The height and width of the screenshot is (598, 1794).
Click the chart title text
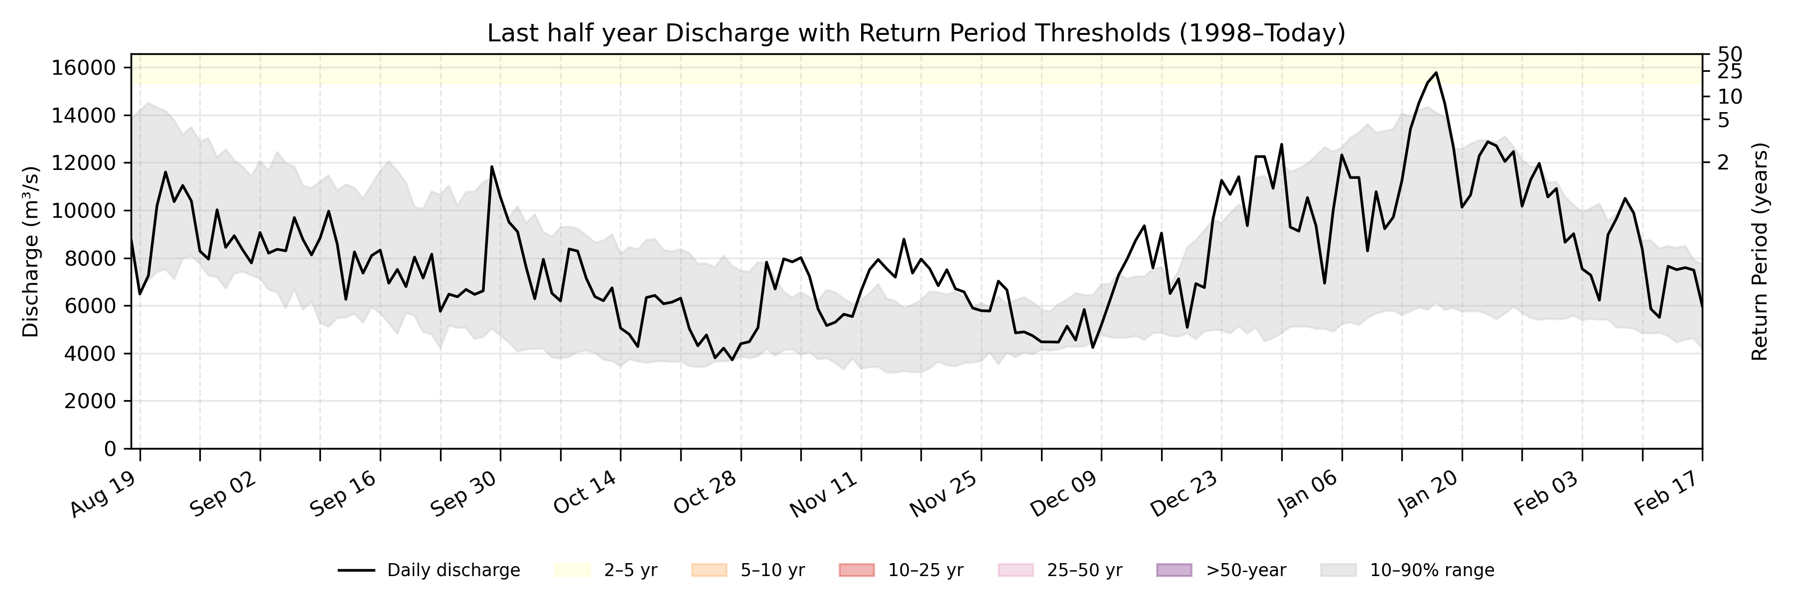pyautogui.click(x=916, y=33)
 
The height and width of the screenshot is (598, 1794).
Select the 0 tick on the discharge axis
pyautogui.click(x=110, y=449)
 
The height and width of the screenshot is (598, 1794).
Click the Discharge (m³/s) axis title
pyautogui.click(x=30, y=252)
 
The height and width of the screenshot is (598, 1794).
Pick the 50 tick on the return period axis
pyautogui.click(x=1730, y=54)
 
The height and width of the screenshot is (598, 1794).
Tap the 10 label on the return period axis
pyautogui.click(x=1730, y=97)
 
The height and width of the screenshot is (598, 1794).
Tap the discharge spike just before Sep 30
pyautogui.click(x=492, y=166)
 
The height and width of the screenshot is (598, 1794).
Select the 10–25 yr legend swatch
pyautogui.click(x=857, y=570)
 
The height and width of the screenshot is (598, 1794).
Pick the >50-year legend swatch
pyautogui.click(x=1174, y=570)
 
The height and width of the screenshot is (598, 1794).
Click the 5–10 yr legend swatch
pyautogui.click(x=709, y=570)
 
